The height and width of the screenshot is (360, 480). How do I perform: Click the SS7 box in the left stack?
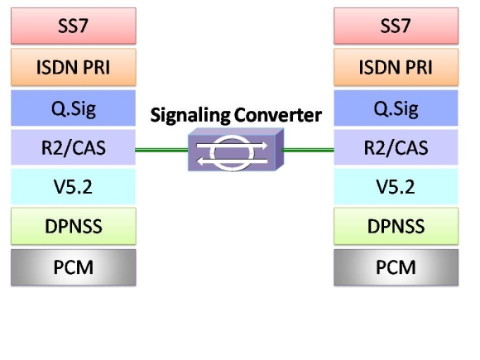(x=74, y=26)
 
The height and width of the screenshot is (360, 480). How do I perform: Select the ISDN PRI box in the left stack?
(x=74, y=67)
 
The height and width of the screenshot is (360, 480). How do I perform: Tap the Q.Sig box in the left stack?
(x=74, y=108)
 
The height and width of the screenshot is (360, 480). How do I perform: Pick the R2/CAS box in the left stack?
(x=74, y=147)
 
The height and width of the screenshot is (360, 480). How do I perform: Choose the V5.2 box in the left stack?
(x=74, y=186)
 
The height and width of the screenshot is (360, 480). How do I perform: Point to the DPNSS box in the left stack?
(x=74, y=226)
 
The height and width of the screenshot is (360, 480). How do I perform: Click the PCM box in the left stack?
(x=74, y=267)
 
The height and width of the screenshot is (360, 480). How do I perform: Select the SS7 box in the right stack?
(x=396, y=26)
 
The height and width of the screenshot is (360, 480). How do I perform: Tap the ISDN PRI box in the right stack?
(x=396, y=67)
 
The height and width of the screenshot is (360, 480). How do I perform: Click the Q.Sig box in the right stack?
(x=396, y=108)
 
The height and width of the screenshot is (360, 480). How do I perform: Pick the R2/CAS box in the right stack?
(x=396, y=147)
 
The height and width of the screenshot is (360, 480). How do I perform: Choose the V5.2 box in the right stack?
(x=396, y=186)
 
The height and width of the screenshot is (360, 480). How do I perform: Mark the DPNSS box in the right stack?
(x=396, y=226)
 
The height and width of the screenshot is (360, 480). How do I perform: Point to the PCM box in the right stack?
(x=396, y=267)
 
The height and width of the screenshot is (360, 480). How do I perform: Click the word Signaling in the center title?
(x=190, y=116)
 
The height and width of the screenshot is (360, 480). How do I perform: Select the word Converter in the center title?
(x=277, y=115)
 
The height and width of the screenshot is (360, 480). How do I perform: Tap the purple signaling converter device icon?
(x=236, y=150)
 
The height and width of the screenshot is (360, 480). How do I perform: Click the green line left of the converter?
(x=161, y=150)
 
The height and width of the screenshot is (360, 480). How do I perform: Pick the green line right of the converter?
(x=308, y=150)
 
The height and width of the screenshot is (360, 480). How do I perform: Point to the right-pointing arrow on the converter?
(x=232, y=146)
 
